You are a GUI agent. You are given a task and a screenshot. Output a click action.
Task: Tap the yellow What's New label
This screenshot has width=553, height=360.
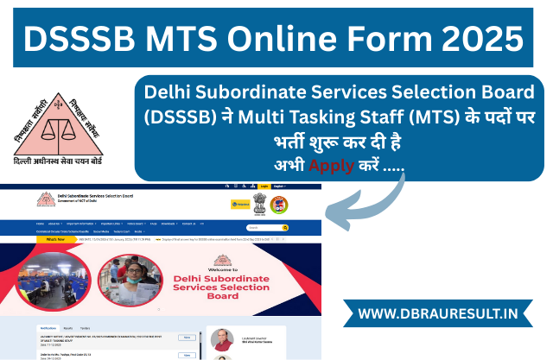point(54,239)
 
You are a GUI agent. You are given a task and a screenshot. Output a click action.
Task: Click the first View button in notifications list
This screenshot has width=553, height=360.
point(187,337)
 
